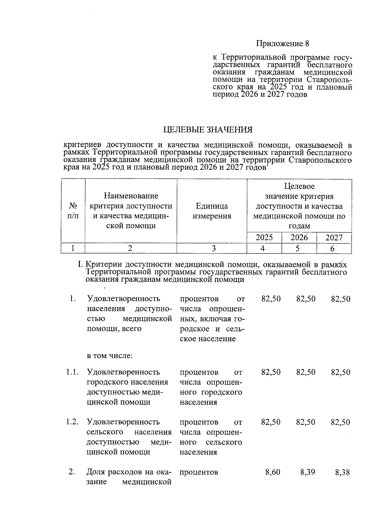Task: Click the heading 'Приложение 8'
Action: tap(283, 44)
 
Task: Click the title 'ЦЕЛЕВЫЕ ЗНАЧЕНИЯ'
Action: tap(208, 130)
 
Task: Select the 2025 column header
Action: tap(264, 238)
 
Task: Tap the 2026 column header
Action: tap(299, 238)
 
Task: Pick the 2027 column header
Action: tap(334, 238)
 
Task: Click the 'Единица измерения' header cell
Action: tap(212, 211)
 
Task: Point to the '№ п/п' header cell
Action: tap(73, 211)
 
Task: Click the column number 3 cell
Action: tap(214, 249)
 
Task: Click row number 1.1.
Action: tap(72, 372)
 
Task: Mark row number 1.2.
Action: tap(72, 422)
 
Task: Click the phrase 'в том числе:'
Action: tap(109, 356)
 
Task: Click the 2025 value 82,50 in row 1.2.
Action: tap(271, 422)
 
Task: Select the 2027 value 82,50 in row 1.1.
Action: tap(341, 373)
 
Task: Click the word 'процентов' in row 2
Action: tap(199, 472)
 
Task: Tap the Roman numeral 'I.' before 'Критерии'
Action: tap(81, 264)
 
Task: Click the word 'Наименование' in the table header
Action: tap(131, 196)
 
